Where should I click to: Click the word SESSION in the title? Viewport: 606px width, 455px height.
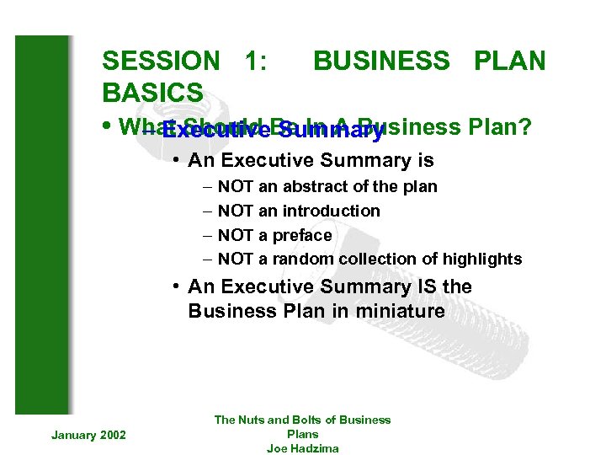(160, 62)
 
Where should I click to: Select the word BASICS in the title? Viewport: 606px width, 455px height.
(152, 92)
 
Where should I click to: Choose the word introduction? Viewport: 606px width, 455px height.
(331, 211)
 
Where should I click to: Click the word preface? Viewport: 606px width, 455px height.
(301, 235)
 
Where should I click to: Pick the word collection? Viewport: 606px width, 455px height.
(377, 260)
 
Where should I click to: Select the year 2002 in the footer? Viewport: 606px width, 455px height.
(112, 435)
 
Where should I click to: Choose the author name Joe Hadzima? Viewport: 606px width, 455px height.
(302, 448)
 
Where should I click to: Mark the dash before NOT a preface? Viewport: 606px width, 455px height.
(208, 235)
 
